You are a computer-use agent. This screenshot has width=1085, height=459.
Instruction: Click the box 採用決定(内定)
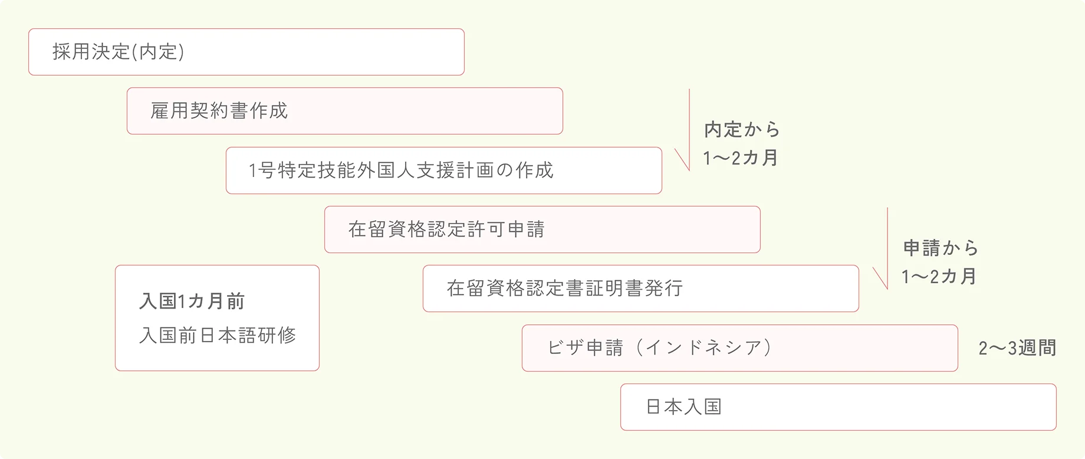coord(246,52)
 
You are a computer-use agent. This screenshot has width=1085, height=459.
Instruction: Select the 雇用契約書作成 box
coord(344,111)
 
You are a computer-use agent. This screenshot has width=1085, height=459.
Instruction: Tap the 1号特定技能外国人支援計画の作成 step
coord(443,171)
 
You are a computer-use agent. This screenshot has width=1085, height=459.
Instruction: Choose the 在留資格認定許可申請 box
coord(542,229)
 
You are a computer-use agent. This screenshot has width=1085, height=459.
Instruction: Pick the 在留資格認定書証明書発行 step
coord(640,288)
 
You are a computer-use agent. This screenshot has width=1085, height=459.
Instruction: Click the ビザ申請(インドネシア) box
coord(739,348)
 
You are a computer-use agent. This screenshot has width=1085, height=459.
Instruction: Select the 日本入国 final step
coord(838,407)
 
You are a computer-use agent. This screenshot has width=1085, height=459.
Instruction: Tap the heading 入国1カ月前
coord(192,301)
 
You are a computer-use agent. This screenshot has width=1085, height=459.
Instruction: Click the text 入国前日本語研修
coord(218,335)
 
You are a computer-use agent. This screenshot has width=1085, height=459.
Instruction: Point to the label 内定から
coord(742,130)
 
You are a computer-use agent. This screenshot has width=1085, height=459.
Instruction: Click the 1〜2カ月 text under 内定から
coord(740,158)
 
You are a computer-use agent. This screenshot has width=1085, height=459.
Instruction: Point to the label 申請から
coord(941,248)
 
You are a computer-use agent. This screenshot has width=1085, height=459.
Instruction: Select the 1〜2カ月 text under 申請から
coord(939,276)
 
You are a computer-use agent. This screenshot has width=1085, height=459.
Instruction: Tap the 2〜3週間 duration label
coord(1017,348)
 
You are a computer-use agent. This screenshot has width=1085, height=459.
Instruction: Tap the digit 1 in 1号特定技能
coord(253,171)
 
